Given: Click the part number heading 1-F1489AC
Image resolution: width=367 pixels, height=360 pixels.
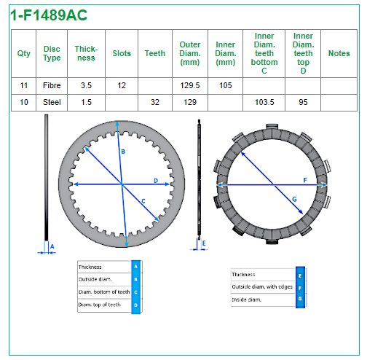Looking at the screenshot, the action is pyautogui.click(x=49, y=15).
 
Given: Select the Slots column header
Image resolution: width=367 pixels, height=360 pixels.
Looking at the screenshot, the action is pyautogui.click(x=122, y=53).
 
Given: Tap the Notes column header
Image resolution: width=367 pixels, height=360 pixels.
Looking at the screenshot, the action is pyautogui.click(x=339, y=53).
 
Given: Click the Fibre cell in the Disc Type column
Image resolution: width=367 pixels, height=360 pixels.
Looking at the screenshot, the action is pyautogui.click(x=52, y=85).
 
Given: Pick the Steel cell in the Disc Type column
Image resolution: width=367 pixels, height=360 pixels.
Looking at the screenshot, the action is pyautogui.click(x=52, y=102).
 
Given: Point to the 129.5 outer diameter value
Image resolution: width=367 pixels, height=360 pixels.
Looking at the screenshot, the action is pyautogui.click(x=190, y=85).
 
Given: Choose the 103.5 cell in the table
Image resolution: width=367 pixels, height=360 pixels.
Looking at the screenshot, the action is pyautogui.click(x=264, y=102).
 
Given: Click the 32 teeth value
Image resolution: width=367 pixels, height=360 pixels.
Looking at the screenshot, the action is pyautogui.click(x=155, y=102).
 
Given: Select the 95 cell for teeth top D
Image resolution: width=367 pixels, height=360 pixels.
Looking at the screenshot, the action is pyautogui.click(x=303, y=102).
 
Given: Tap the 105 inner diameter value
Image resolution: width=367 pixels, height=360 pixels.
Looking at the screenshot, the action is pyautogui.click(x=226, y=85).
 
